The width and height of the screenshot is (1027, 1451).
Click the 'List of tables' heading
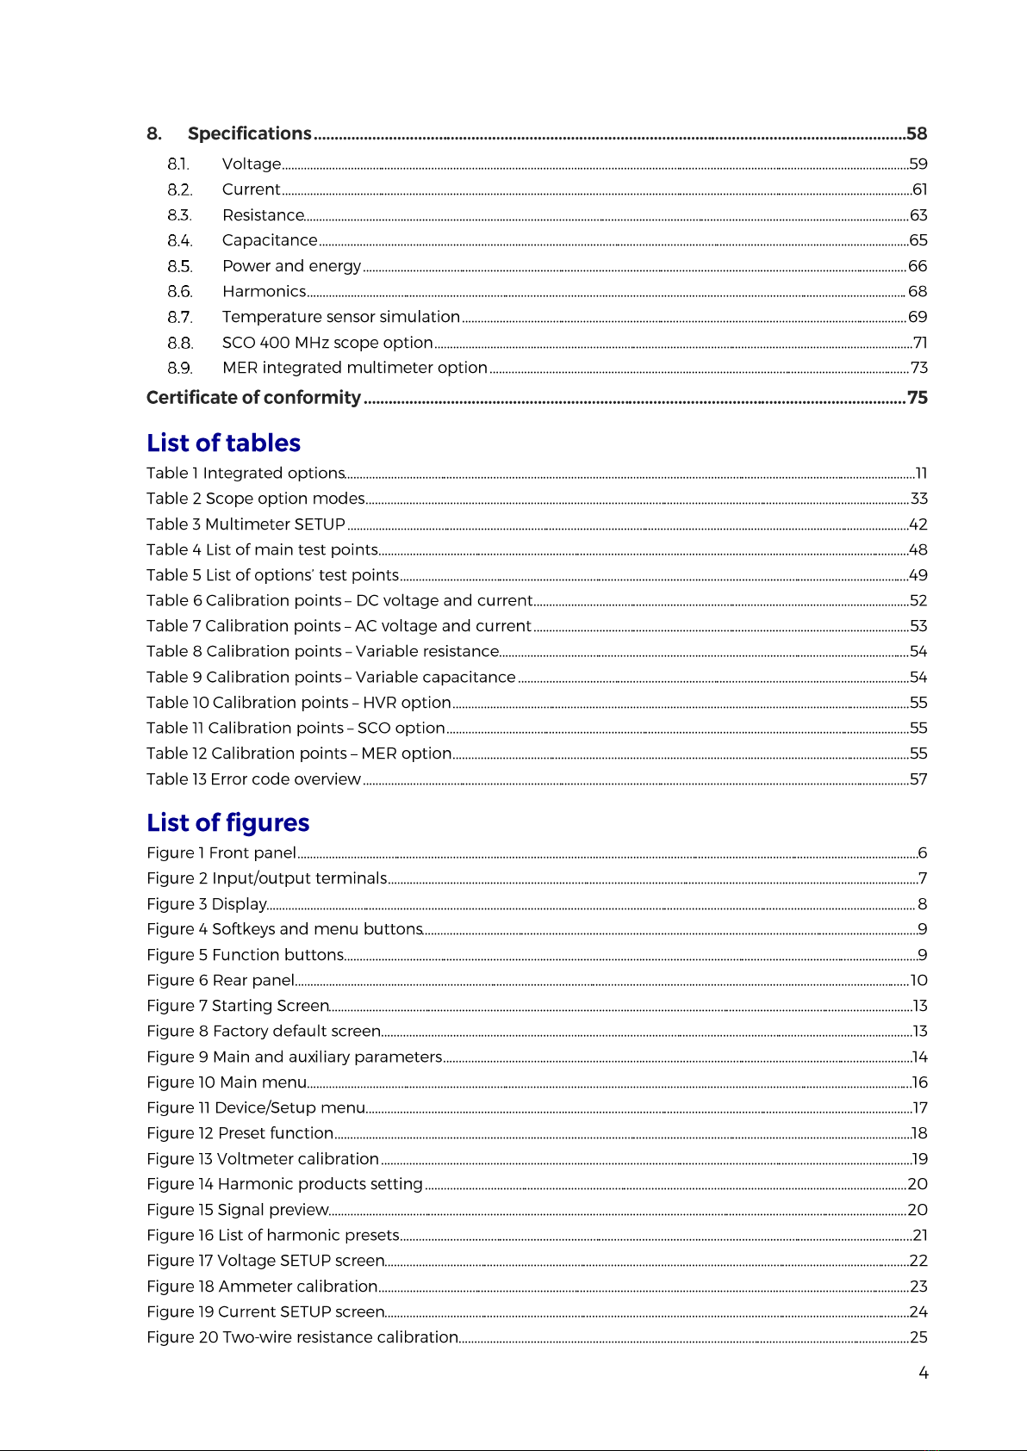tap(223, 443)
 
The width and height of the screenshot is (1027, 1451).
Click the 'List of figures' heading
tap(227, 822)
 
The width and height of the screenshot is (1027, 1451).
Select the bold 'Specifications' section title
tap(249, 133)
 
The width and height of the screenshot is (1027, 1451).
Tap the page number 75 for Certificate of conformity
tap(917, 398)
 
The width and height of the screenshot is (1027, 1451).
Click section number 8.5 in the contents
tap(179, 266)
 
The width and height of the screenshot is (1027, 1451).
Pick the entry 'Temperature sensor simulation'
tap(340, 317)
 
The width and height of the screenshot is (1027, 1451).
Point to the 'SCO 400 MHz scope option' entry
tap(327, 343)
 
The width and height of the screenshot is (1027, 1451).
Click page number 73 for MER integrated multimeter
tap(919, 368)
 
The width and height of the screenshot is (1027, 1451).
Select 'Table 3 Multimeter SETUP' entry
tap(246, 524)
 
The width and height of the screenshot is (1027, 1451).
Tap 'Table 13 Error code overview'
tap(253, 779)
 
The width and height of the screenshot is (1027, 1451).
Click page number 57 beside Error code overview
tap(918, 779)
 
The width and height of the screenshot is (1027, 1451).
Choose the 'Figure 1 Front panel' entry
tap(221, 853)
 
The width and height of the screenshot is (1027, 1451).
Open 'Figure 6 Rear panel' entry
tap(221, 981)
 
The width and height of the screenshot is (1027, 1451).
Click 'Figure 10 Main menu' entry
tap(227, 1082)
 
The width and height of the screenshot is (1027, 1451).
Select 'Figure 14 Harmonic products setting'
tap(284, 1184)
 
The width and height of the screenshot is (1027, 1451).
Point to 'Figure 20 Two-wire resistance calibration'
tap(302, 1337)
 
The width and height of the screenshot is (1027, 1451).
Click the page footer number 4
tap(923, 1373)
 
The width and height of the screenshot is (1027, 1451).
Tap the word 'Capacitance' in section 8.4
tap(270, 240)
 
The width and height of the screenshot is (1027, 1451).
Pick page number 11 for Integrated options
tap(921, 473)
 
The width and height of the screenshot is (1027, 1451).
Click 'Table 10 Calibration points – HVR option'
tap(298, 703)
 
